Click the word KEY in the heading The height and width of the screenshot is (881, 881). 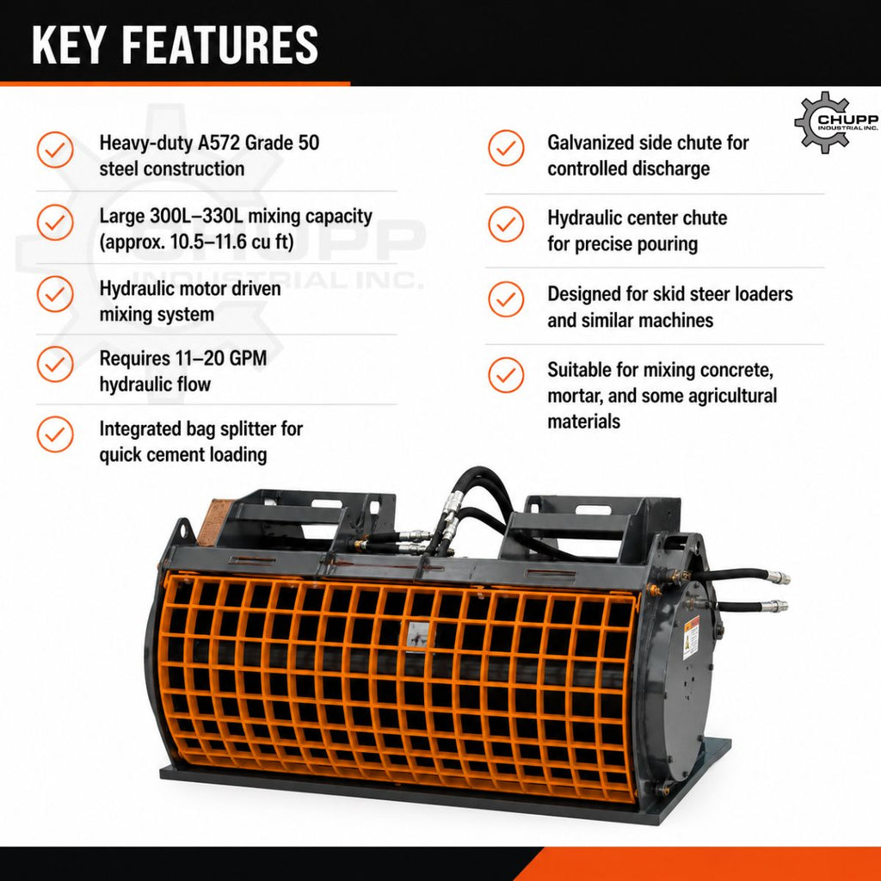pos(68,45)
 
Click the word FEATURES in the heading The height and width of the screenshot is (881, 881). pos(220,45)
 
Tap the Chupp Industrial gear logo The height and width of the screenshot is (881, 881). pos(836,122)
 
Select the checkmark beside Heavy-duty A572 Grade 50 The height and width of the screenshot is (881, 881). pos(55,150)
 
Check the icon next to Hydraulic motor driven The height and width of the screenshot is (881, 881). pos(55,294)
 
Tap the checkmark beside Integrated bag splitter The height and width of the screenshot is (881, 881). pos(55,434)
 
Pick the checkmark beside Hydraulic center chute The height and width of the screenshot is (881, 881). pos(506,225)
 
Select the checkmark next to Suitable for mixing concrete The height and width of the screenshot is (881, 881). pos(506,375)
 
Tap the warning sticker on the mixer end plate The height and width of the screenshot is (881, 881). pos(691,638)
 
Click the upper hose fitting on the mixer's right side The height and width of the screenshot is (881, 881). pos(779,577)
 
